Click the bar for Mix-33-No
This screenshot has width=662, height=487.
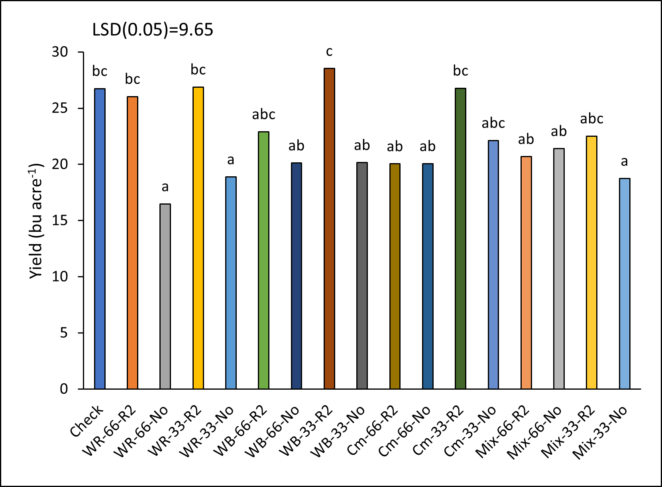[624, 284]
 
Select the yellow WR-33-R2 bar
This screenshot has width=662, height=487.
[198, 238]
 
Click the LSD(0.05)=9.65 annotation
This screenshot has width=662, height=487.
[153, 30]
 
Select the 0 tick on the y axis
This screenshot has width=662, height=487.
[64, 389]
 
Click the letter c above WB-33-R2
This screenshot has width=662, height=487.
[329, 51]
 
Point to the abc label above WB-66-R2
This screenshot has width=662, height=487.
[263, 114]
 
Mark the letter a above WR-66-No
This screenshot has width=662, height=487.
[165, 187]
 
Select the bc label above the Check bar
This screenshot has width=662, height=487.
[100, 71]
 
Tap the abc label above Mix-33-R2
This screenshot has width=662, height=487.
[591, 118]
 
